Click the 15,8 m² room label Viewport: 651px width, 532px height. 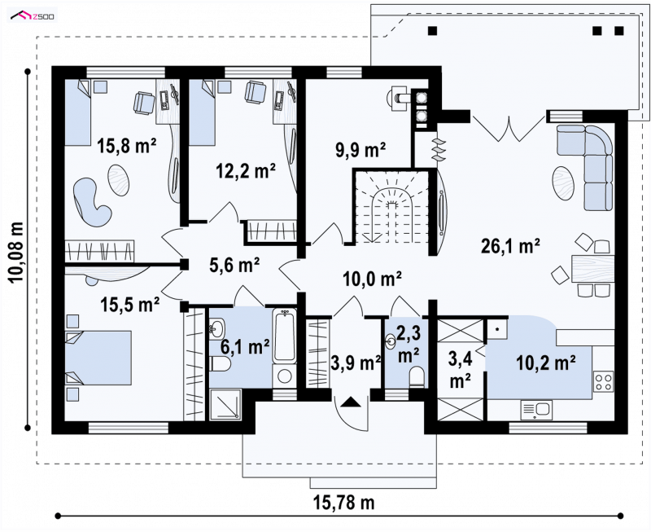[x=127, y=146]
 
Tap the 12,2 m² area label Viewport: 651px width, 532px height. [x=246, y=170]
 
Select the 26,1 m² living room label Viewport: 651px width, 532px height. [x=510, y=246]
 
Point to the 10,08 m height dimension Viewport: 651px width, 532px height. [x=16, y=253]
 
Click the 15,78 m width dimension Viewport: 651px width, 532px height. [x=343, y=503]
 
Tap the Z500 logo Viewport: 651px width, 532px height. [x=32, y=16]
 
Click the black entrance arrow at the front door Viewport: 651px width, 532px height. [x=352, y=402]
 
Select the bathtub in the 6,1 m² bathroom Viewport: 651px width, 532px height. [x=284, y=336]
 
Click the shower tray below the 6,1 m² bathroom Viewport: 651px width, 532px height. [x=225, y=404]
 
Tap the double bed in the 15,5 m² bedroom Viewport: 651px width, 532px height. [x=98, y=358]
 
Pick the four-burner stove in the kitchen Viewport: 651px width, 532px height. [x=603, y=382]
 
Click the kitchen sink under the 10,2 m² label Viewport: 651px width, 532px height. [x=536, y=411]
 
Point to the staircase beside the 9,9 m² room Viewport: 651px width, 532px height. [x=391, y=207]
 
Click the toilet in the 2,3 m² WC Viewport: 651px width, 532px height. [x=417, y=377]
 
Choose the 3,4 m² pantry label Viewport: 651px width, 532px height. [x=460, y=370]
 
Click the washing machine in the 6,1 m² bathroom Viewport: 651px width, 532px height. [x=284, y=376]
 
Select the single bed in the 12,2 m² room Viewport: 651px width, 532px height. [x=203, y=112]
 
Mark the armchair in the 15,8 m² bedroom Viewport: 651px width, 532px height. [x=144, y=103]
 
